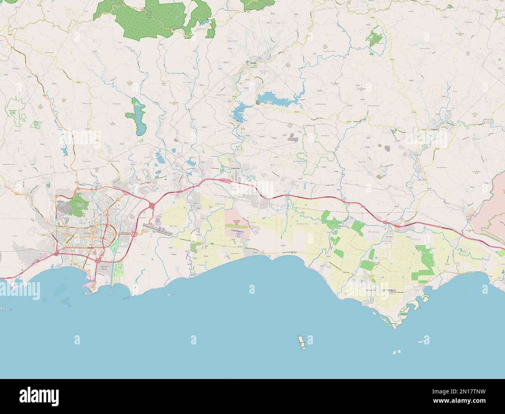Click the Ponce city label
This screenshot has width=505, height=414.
tap(92, 225)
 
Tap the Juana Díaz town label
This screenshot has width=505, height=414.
tap(236, 169)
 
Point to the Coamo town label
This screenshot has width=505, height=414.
tap(434, 129)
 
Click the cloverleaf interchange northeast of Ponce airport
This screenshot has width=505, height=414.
tap(151, 205)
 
